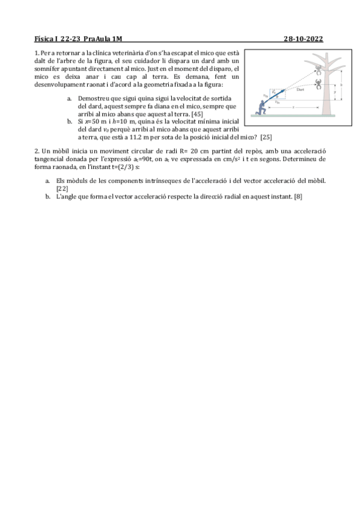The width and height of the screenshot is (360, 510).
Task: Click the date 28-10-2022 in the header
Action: [x=303, y=40]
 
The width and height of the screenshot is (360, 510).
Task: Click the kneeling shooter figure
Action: [x=261, y=106]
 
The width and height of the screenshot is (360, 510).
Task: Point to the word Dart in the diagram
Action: [x=301, y=90]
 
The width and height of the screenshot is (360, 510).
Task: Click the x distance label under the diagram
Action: [x=293, y=106]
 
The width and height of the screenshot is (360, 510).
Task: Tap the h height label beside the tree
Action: [x=341, y=85]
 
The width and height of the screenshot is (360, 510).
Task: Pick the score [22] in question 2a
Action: [x=62, y=189]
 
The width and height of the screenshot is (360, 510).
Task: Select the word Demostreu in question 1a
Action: [x=93, y=98]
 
